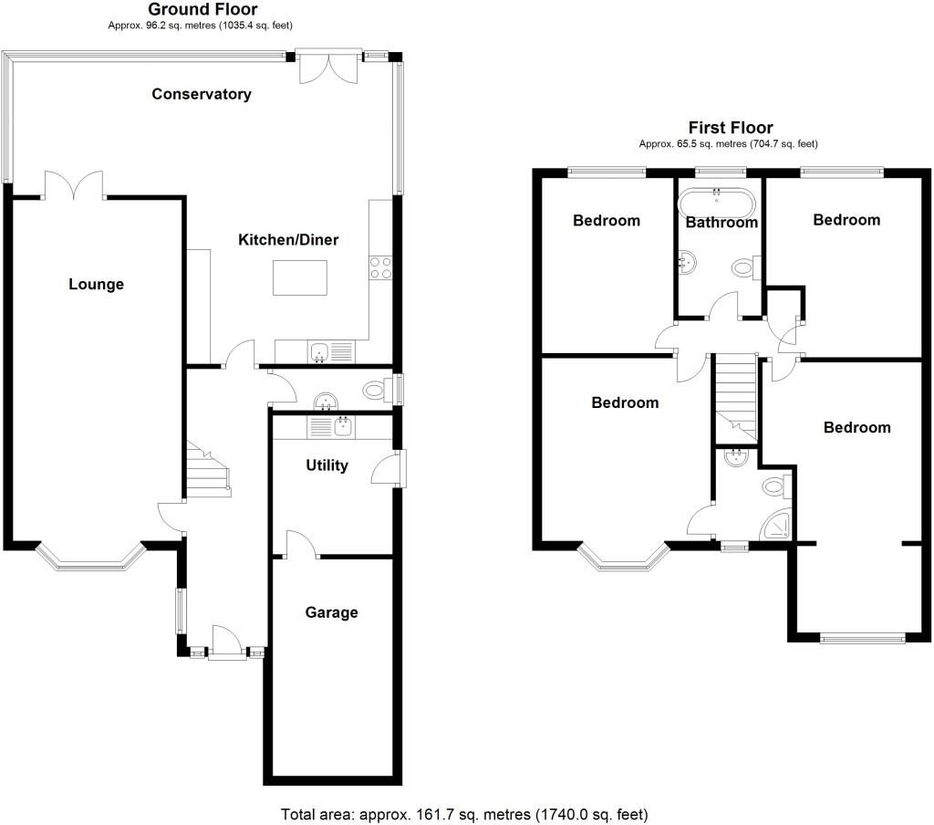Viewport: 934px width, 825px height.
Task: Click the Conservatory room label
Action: pyautogui.click(x=202, y=94)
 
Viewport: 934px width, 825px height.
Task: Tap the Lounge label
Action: pyautogui.click(x=96, y=284)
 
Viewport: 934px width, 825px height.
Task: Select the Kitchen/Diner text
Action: pyautogui.click(x=288, y=240)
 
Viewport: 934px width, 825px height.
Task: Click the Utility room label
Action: pyautogui.click(x=327, y=465)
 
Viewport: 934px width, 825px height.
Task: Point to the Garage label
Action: pyautogui.click(x=330, y=612)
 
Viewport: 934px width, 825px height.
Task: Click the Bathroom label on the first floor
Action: pyautogui.click(x=721, y=222)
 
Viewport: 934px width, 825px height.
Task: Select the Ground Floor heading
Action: pyautogui.click(x=202, y=9)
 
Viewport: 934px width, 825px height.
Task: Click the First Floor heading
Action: pyautogui.click(x=730, y=128)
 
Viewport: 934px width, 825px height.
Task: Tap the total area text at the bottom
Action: pyautogui.click(x=464, y=812)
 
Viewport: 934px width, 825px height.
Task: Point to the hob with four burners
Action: pyautogui.click(x=380, y=267)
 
